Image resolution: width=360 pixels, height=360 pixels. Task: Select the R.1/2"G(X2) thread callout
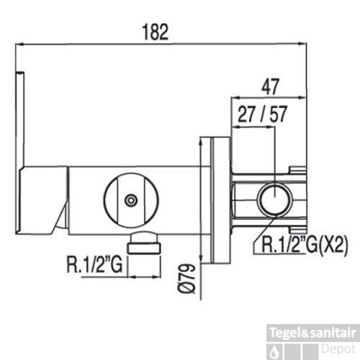tap(305, 246)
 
